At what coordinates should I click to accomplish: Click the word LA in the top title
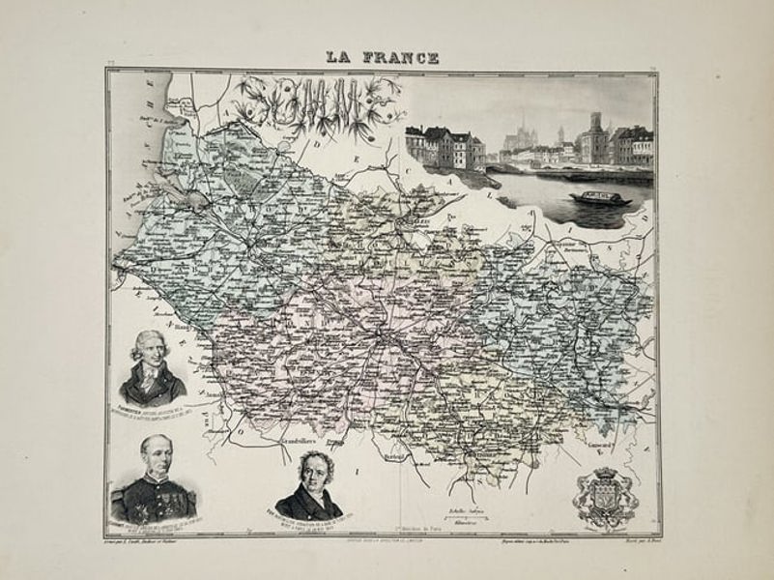point(341,58)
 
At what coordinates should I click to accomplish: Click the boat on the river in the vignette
point(600,198)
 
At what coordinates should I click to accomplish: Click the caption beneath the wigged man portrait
point(153,412)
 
